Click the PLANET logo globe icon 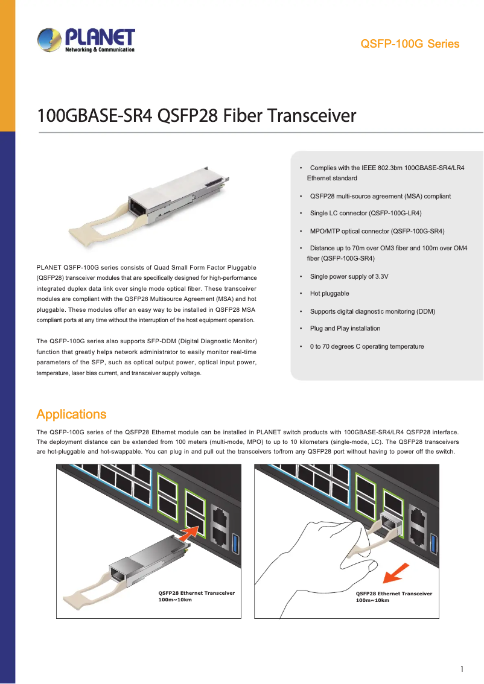[x=48, y=40]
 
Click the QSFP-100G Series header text [x=409, y=44]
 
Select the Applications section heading [x=71, y=414]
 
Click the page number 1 [x=462, y=669]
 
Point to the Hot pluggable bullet [x=330, y=294]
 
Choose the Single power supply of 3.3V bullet [x=349, y=276]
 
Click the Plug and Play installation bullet [x=345, y=329]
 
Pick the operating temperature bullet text [x=367, y=347]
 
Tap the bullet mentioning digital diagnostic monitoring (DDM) [x=372, y=311]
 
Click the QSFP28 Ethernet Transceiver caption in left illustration [x=196, y=593]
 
